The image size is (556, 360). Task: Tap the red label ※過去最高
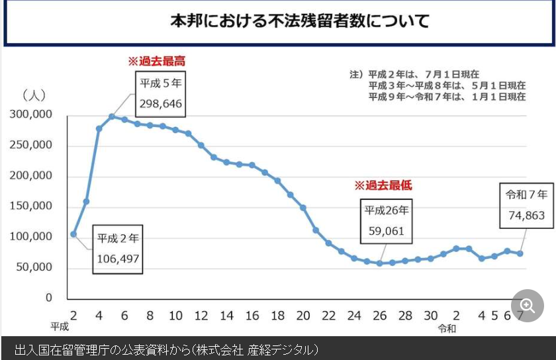coord(156,61)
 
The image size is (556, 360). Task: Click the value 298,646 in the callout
coord(160,104)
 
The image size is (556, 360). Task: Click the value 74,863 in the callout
coord(526,215)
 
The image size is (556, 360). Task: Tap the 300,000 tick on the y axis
coord(31,114)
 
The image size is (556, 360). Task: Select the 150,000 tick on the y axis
coord(31,206)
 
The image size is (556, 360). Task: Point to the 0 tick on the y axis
coord(48,298)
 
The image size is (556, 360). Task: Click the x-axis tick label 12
coord(201,316)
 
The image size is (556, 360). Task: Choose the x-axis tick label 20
coord(303,316)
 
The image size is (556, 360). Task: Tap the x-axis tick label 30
coord(431,316)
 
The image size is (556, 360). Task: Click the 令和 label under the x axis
coord(447,328)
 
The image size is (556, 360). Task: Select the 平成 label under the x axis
coord(60,326)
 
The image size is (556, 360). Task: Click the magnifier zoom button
coord(527,305)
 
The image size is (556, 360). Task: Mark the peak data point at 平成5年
coord(112,116)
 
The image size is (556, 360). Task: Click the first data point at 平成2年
coord(73,234)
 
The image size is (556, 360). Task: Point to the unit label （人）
coord(34,95)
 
